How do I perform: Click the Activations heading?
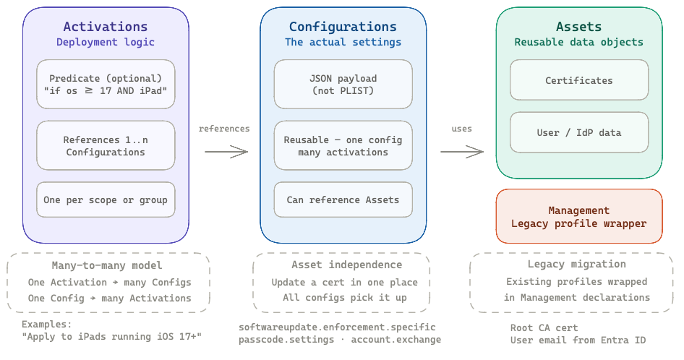pyautogui.click(x=106, y=27)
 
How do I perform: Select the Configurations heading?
pyautogui.click(x=343, y=27)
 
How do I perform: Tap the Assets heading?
pyautogui.click(x=578, y=27)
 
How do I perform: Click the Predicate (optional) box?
pyautogui.click(x=106, y=85)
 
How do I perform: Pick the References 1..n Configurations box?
pyautogui.click(x=106, y=146)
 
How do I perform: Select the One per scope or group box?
pyautogui.click(x=106, y=200)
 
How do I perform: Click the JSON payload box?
pyautogui.click(x=343, y=85)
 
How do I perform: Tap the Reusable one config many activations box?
pyautogui.click(x=343, y=146)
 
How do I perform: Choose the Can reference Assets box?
pyautogui.click(x=343, y=200)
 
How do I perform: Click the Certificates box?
pyautogui.click(x=578, y=80)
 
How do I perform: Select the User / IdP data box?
pyautogui.click(x=578, y=132)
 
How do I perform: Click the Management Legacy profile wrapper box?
pyautogui.click(x=578, y=217)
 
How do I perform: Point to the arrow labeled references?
pyautogui.click(x=226, y=152)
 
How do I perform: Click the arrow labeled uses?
pyautogui.click(x=461, y=152)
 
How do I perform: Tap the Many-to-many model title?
pyautogui.click(x=107, y=265)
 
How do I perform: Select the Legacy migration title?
pyautogui.click(x=576, y=265)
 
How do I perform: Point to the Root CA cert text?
pyautogui.click(x=544, y=327)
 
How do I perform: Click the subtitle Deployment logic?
pyautogui.click(x=106, y=42)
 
